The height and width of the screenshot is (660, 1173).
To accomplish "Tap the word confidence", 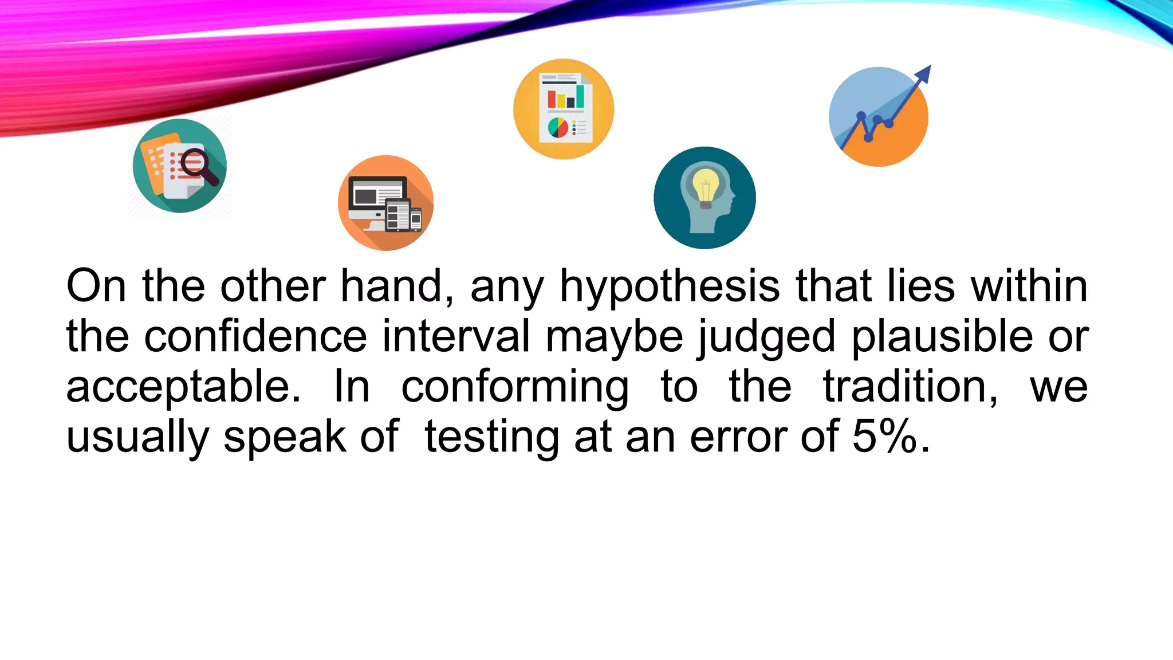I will coord(255,336).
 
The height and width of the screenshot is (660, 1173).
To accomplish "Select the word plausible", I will coord(942,336).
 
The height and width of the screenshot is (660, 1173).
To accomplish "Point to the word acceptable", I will coord(183,387).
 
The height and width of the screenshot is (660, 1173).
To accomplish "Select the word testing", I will coord(491,437).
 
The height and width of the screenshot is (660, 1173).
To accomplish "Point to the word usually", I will coord(137,437).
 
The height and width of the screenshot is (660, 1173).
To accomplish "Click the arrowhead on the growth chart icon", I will coord(923,74).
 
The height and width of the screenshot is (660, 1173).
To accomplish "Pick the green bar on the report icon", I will coord(580,96).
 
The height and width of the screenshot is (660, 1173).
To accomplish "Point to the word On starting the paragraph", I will coord(96,286).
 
